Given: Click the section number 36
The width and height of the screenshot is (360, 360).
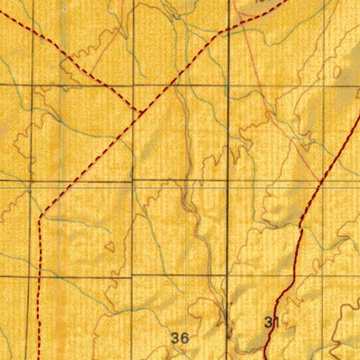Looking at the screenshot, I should (x=179, y=337).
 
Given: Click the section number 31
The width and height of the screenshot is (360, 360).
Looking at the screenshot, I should (x=273, y=321).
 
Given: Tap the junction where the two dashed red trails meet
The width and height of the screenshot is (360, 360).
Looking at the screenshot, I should (x=137, y=110).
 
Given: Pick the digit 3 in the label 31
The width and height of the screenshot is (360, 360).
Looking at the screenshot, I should (x=269, y=321).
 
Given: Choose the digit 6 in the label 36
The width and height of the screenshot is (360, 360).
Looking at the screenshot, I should (x=184, y=337).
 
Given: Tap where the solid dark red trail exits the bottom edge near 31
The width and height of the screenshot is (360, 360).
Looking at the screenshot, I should (x=267, y=358).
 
